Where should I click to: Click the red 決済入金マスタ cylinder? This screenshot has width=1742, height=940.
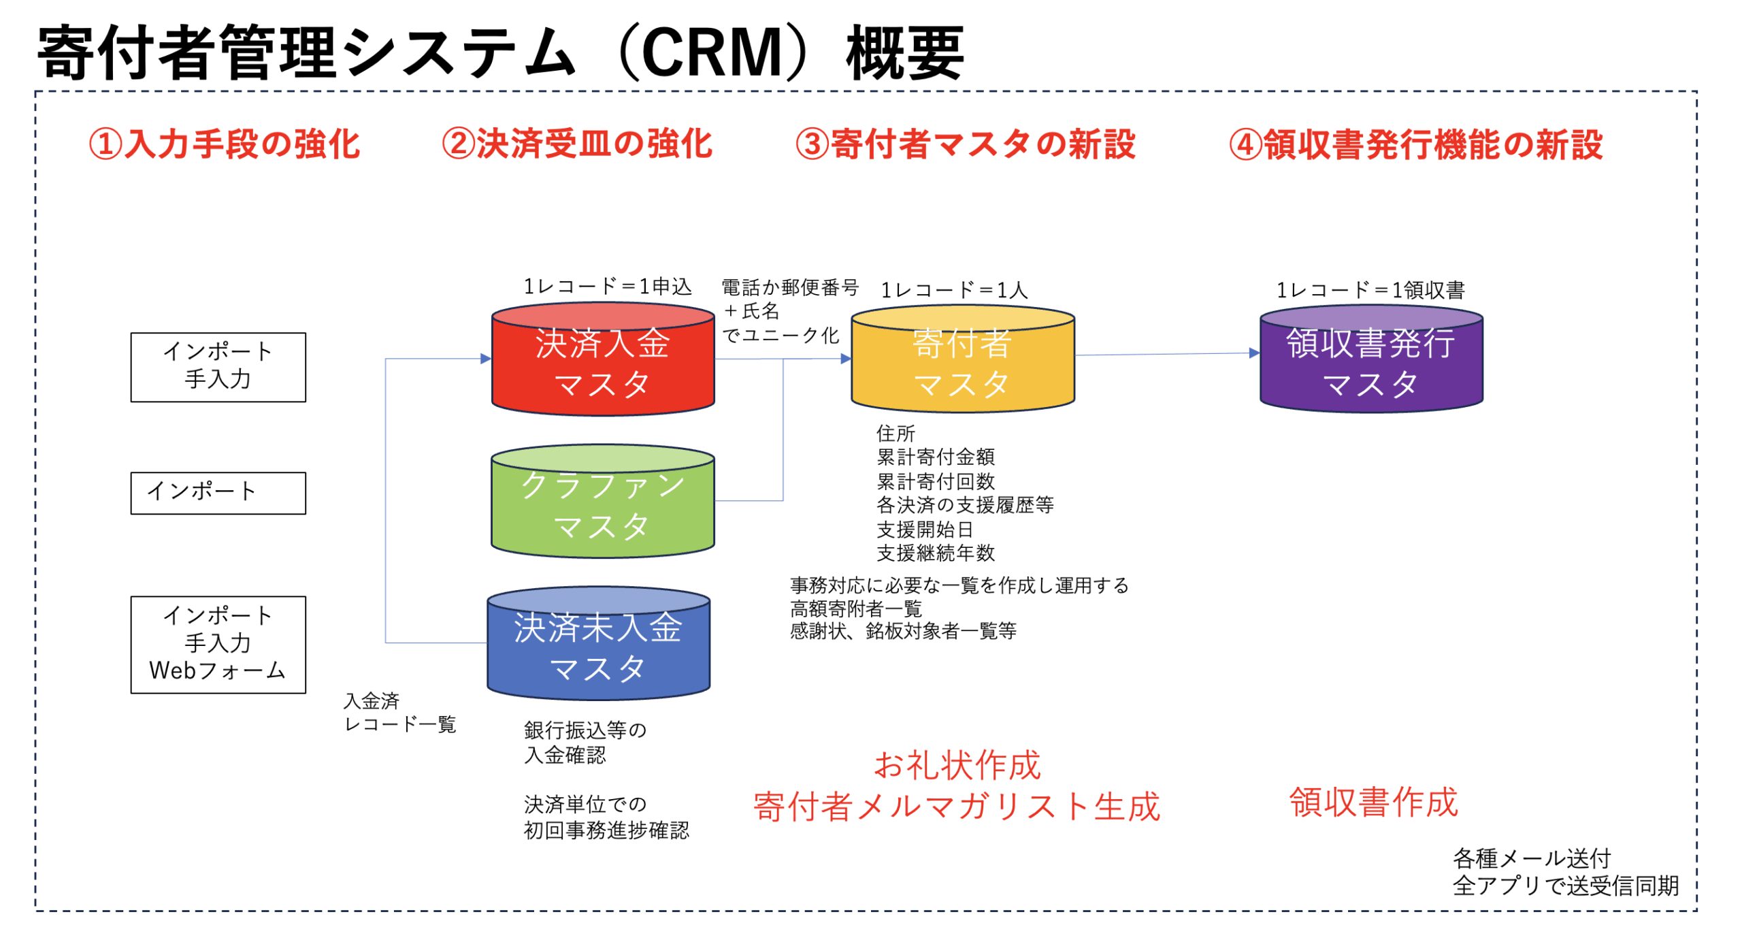[x=602, y=361]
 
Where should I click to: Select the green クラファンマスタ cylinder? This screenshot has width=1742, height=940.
[x=602, y=504]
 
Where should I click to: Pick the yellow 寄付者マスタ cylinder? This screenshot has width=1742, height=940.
[x=962, y=361]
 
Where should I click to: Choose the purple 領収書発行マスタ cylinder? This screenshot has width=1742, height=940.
[x=1370, y=361]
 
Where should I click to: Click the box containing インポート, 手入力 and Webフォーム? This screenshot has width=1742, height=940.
[x=218, y=644]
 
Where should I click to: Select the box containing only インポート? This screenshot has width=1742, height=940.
[x=218, y=492]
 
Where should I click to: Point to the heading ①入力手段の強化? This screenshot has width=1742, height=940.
[x=225, y=144]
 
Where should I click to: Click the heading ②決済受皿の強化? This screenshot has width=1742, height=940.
[x=577, y=144]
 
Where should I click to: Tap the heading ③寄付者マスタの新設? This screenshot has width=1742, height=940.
[x=966, y=144]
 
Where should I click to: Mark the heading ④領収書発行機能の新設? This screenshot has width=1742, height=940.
[x=1416, y=144]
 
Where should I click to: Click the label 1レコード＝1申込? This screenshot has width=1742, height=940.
[x=607, y=287]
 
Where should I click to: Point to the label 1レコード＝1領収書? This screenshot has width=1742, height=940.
[x=1370, y=291]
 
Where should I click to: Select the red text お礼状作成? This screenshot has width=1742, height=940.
[x=957, y=765]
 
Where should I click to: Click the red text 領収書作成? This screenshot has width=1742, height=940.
[x=1373, y=802]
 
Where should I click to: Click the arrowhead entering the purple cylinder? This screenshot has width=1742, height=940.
[x=1254, y=353]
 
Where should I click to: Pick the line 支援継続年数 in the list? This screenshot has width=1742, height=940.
[x=935, y=553]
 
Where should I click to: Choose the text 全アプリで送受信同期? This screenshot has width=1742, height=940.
[x=1565, y=886]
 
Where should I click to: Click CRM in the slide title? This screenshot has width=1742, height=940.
[x=712, y=53]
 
